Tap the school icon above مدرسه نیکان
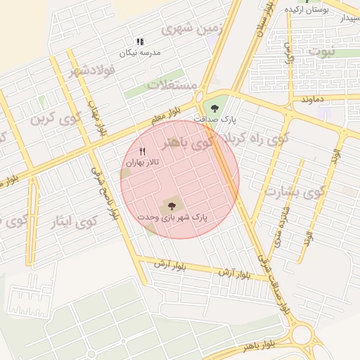point(139,42)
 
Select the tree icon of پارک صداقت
point(214,108)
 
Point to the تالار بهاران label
point(143,162)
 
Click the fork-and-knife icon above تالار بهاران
point(143,151)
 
